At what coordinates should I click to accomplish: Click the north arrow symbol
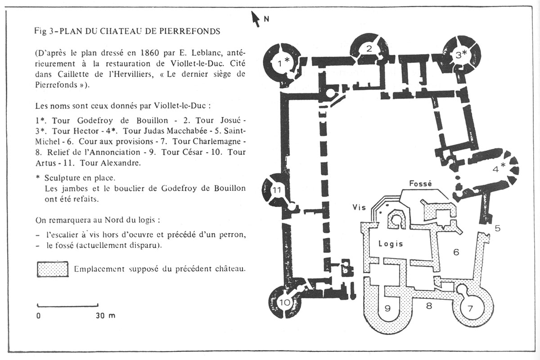[x=256, y=19]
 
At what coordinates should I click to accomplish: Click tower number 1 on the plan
[x=282, y=64]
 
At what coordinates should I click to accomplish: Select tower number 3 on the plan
[x=460, y=55]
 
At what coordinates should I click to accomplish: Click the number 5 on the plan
[x=497, y=228]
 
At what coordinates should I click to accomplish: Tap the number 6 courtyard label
[x=456, y=252]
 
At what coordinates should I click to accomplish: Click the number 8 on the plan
[x=429, y=306]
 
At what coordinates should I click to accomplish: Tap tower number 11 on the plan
[x=276, y=190]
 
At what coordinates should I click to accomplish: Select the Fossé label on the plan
[x=420, y=184]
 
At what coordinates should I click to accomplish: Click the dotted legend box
[x=52, y=269]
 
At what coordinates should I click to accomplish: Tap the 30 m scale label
[x=106, y=315]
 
